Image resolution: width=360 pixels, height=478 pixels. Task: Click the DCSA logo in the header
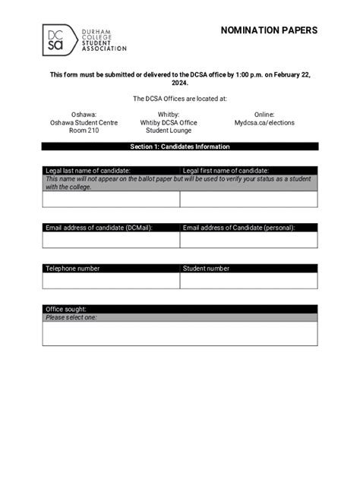(x=83, y=38)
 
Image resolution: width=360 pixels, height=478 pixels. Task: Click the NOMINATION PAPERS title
(x=269, y=30)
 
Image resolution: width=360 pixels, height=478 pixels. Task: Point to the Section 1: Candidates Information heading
(x=180, y=146)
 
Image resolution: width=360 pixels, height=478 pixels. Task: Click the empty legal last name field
(x=111, y=200)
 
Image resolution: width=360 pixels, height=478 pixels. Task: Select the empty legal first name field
(x=248, y=200)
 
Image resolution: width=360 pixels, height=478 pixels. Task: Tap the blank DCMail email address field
(x=111, y=240)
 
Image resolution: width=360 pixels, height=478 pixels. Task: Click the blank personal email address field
(x=248, y=240)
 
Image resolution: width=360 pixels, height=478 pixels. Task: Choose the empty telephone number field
(x=111, y=281)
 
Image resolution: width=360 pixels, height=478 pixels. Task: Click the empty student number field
(x=248, y=281)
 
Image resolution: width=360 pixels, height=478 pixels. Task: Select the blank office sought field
(x=180, y=333)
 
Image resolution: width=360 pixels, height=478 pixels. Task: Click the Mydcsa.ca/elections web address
(x=264, y=122)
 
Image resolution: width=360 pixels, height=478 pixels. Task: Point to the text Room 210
(x=84, y=131)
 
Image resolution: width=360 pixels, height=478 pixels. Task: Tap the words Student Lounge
(x=168, y=131)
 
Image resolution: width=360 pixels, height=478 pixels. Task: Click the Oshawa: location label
(x=84, y=114)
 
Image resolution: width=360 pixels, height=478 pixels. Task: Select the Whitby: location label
(x=168, y=114)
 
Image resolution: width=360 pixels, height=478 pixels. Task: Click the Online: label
(x=264, y=114)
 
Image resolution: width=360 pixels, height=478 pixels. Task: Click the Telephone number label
(x=73, y=268)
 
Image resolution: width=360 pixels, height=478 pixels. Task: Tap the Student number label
(x=206, y=268)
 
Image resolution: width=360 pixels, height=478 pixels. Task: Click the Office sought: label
(x=66, y=309)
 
